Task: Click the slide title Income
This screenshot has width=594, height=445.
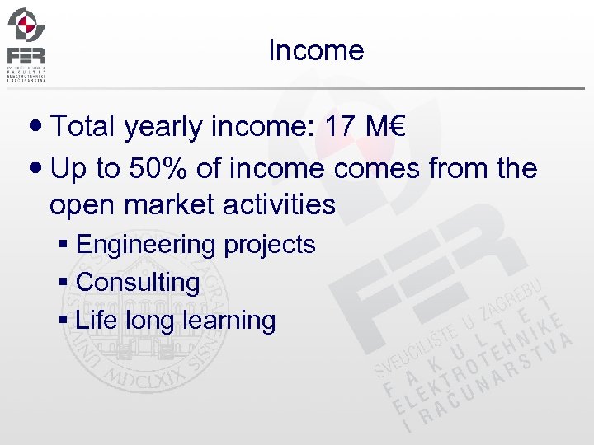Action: (x=316, y=51)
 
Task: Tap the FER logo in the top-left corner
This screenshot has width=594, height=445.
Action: (x=26, y=44)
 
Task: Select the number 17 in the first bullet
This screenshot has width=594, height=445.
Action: (x=342, y=127)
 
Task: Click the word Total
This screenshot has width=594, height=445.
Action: (x=87, y=127)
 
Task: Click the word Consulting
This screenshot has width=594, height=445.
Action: (x=138, y=283)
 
